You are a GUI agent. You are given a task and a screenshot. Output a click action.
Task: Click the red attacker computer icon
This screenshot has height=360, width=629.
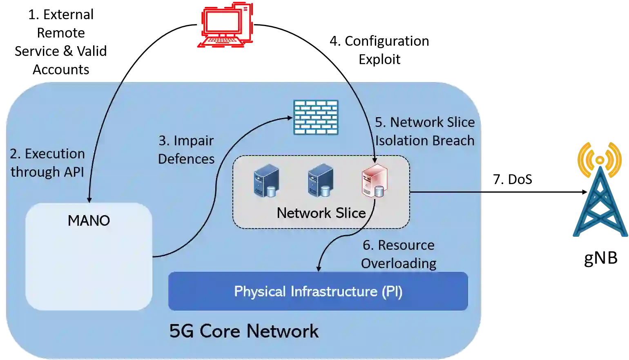226,24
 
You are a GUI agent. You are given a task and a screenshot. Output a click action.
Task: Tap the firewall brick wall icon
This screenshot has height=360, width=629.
316,117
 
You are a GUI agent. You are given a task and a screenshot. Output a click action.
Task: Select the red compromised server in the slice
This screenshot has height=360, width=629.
374,181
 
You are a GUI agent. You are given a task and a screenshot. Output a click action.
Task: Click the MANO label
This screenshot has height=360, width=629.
89,221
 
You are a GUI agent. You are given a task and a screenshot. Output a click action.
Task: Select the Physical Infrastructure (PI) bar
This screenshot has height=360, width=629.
318,291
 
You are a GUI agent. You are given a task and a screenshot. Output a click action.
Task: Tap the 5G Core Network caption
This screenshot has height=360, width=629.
244,331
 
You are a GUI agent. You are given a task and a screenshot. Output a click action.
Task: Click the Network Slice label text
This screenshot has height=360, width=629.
321,213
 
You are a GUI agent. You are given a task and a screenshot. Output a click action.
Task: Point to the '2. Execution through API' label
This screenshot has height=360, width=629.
47,162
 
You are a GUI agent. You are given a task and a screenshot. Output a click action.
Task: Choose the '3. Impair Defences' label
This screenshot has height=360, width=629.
186,149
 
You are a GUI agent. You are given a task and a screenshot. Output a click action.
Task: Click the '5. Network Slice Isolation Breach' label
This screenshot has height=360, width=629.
425,131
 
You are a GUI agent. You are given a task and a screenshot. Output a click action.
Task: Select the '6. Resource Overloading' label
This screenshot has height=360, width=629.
399,254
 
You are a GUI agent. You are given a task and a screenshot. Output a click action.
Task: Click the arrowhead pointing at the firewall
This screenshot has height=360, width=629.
290,118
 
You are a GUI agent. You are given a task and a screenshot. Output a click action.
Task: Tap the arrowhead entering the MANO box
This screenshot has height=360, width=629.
89,199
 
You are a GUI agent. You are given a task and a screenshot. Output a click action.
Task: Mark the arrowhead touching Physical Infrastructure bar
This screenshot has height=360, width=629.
319,269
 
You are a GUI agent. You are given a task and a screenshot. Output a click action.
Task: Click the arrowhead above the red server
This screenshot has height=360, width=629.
375,161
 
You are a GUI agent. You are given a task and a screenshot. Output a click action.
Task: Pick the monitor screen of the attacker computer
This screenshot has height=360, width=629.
222,22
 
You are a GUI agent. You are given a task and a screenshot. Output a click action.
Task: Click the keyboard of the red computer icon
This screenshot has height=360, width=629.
221,41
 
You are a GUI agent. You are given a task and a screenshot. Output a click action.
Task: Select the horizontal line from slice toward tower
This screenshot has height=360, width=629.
446,191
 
